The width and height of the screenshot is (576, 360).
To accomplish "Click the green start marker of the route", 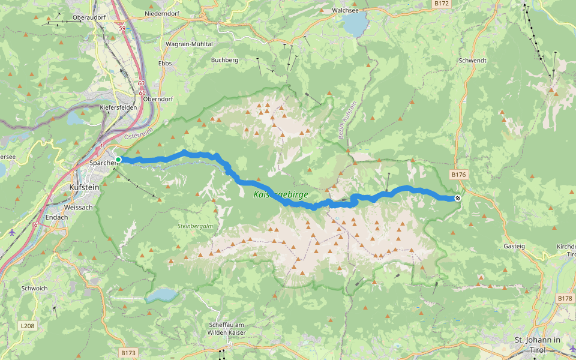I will point(118,159).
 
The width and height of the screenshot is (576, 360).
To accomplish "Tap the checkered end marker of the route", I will point(458,198).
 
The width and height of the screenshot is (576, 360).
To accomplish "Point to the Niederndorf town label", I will point(163,13).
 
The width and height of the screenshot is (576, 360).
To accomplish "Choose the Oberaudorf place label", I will point(89,17).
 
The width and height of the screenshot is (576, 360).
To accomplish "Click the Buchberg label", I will point(225,60).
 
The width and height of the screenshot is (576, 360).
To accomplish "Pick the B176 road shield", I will point(458,175).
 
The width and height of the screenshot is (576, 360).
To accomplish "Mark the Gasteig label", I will point(515,247).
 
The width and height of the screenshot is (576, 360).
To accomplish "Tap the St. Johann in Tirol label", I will point(538,344).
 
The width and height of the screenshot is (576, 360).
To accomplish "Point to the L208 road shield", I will point(27,326).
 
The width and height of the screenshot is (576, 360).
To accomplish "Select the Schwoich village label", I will point(34,288).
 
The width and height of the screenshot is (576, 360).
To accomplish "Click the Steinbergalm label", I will point(195,226).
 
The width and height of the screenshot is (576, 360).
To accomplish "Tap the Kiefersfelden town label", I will point(118,107).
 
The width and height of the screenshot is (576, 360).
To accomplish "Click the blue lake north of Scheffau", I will point(163,295).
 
